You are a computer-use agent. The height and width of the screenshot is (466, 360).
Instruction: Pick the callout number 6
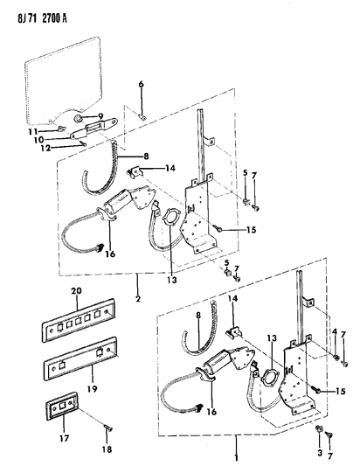tap(140, 84)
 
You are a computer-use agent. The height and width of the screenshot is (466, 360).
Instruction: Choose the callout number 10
tap(61, 138)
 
